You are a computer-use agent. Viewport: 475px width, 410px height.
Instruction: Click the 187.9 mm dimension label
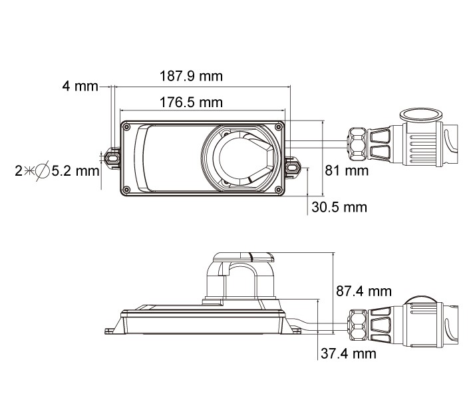click(191, 76)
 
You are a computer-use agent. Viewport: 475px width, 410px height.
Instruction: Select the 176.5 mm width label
click(191, 102)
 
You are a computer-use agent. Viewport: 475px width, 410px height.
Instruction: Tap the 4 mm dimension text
click(80, 86)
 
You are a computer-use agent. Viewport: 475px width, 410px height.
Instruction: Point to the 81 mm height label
click(347, 170)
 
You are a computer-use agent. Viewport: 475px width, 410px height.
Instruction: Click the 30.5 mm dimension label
click(339, 207)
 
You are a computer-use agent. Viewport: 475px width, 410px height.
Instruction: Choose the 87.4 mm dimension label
click(364, 292)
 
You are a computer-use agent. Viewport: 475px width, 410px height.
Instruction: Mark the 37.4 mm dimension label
click(349, 353)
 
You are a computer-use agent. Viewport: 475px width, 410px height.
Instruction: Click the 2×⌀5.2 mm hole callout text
click(57, 171)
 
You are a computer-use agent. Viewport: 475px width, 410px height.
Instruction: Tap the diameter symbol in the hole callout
click(43, 171)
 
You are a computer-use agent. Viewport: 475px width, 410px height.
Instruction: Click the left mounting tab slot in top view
click(112, 158)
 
